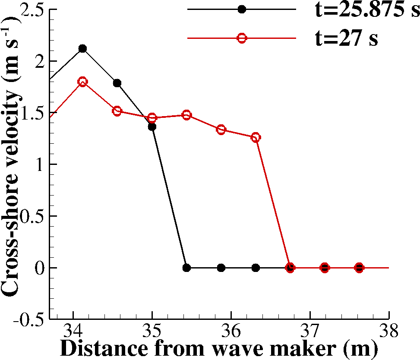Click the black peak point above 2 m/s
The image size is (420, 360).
82,48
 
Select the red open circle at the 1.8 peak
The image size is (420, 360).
82,81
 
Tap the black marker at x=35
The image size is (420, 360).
152,126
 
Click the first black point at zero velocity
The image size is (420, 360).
186,268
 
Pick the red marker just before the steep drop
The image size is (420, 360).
256,138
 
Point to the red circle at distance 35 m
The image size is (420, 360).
152,118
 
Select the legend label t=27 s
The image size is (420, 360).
346,38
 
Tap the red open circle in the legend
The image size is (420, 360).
242,38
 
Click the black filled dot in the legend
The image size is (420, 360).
242,9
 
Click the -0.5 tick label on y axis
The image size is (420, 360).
30,319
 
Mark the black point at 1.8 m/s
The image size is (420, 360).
117,83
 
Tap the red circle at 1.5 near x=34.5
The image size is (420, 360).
117,111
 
